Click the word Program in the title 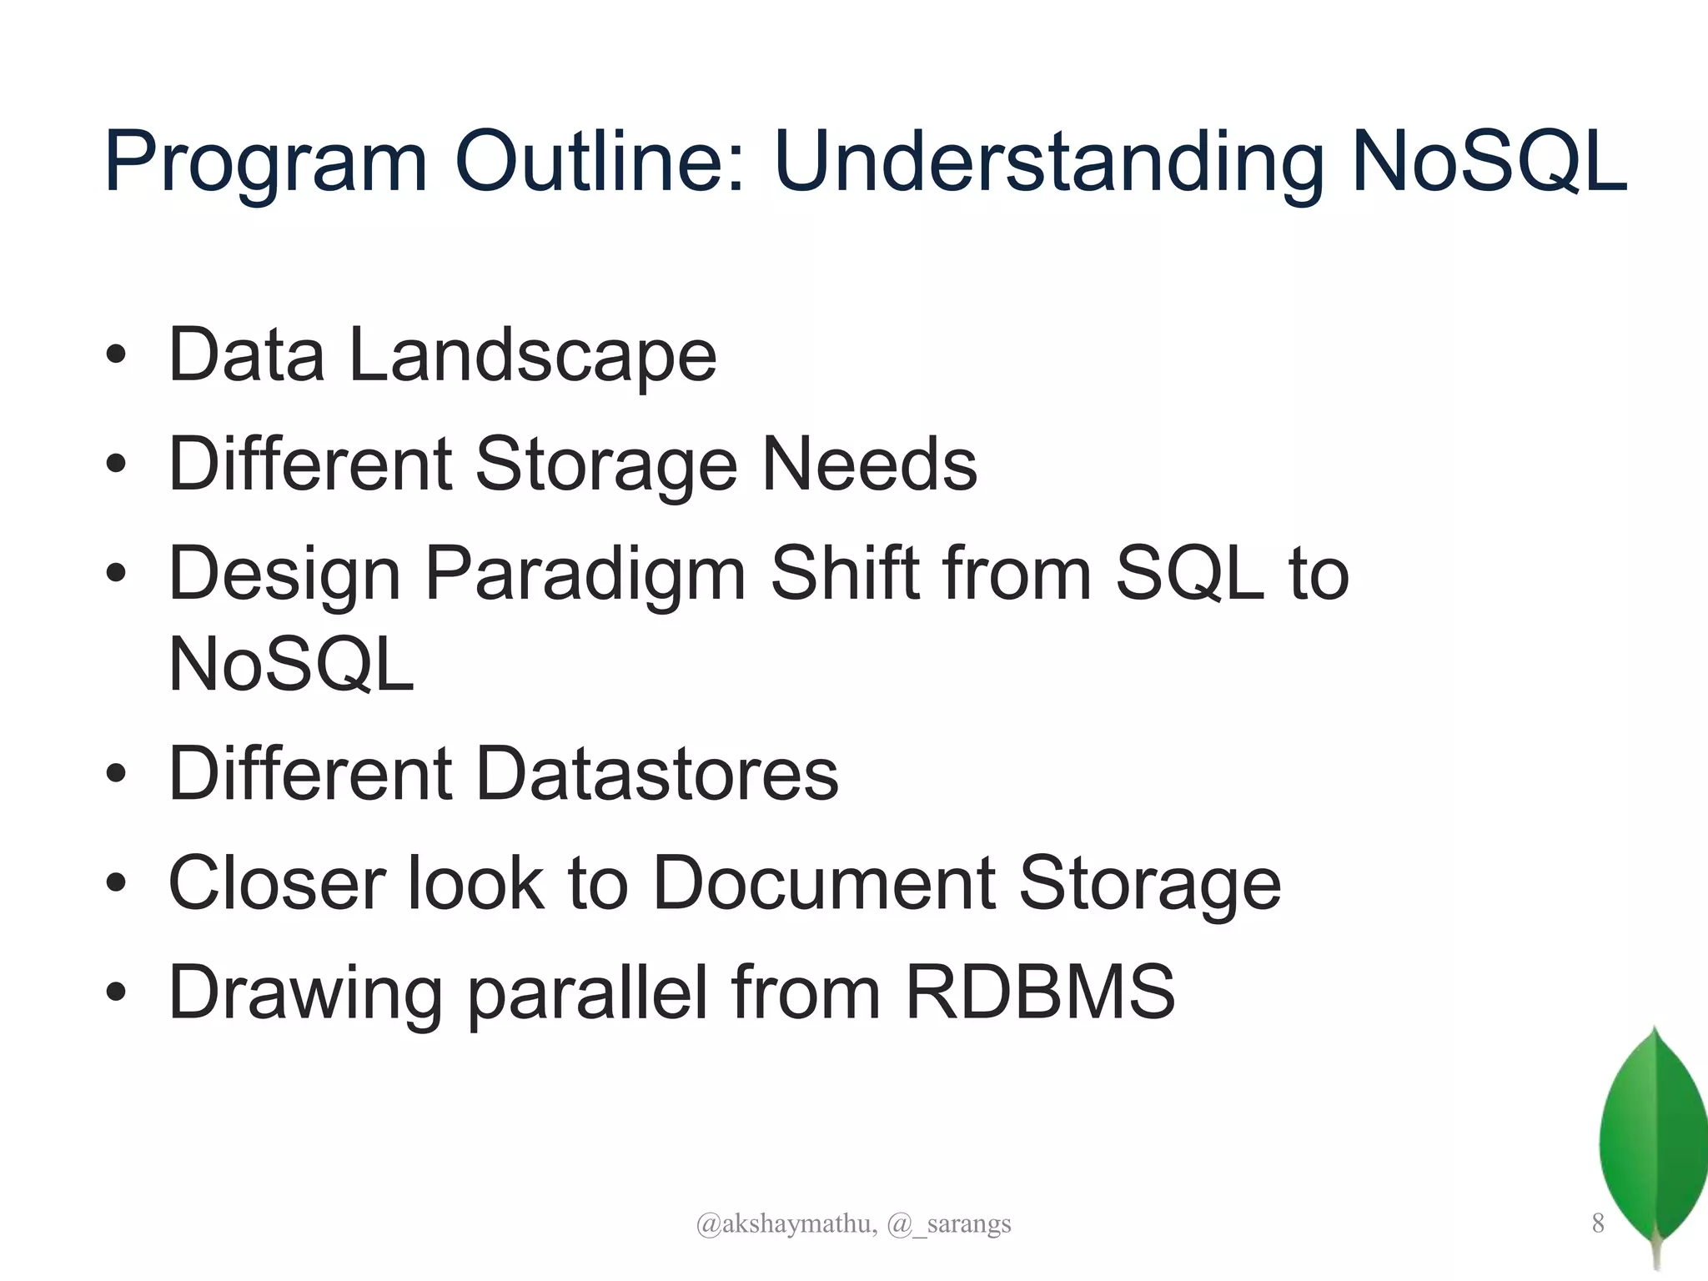click(x=265, y=163)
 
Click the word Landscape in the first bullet click(x=532, y=355)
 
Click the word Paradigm click(x=585, y=575)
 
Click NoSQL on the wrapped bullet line click(x=291, y=665)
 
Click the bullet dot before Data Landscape click(x=116, y=356)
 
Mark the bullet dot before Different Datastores click(x=116, y=775)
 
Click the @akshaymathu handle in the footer click(x=786, y=1223)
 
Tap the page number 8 click(x=1597, y=1223)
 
